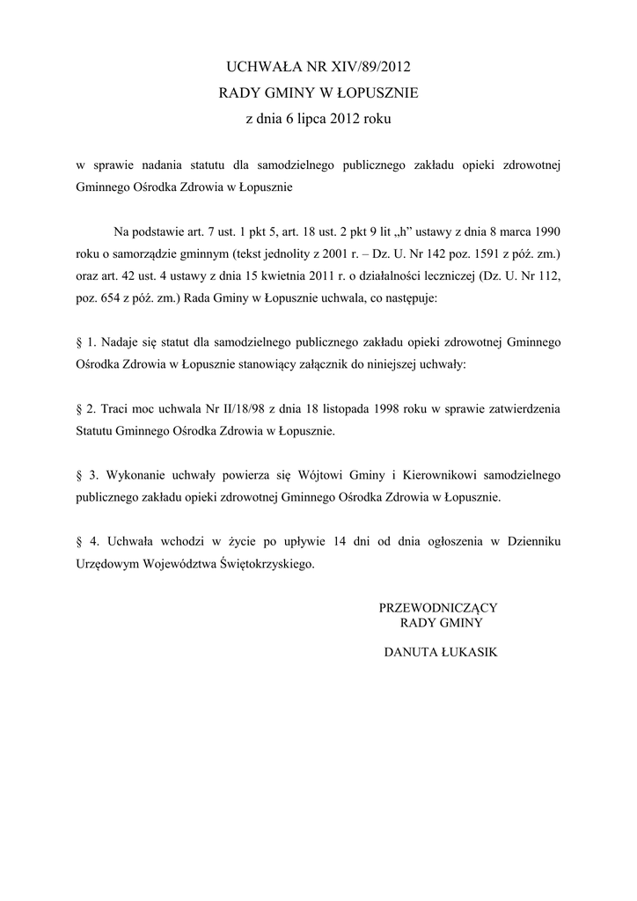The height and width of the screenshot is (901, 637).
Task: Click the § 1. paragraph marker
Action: point(84,341)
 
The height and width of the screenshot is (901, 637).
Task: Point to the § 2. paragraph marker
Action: point(84,409)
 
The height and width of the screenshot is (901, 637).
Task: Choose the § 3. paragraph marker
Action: point(84,475)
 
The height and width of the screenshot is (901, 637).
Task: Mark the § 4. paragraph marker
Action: point(84,541)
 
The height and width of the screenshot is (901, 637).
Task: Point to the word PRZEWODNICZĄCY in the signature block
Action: point(439,607)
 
